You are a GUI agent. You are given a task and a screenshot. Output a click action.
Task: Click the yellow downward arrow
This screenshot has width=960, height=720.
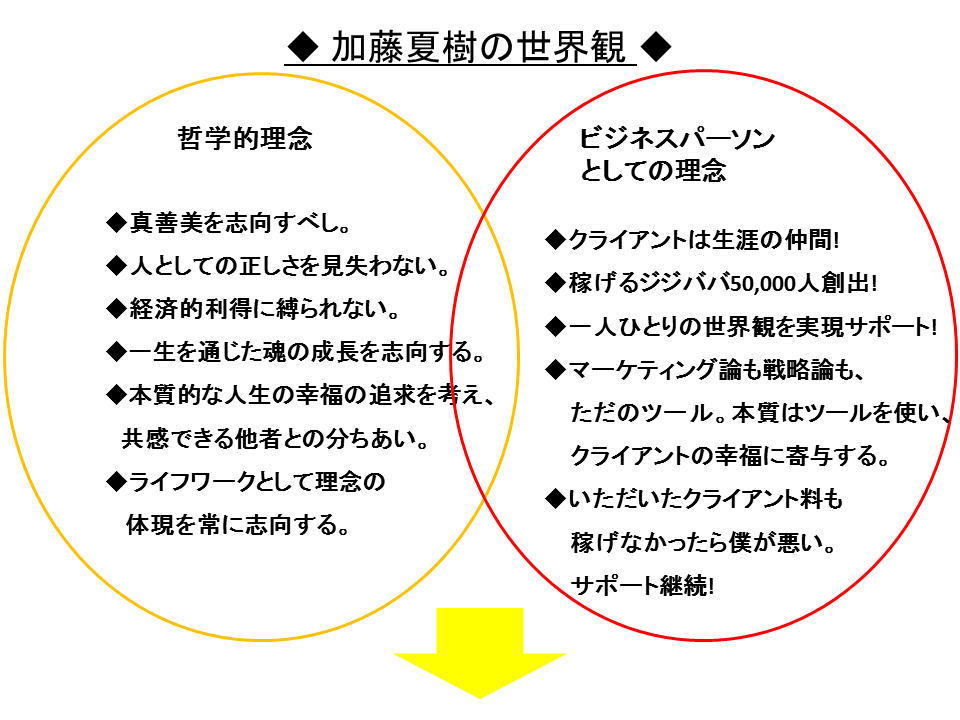click(480, 653)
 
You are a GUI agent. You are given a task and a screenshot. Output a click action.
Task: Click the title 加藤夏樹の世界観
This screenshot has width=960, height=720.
click(478, 47)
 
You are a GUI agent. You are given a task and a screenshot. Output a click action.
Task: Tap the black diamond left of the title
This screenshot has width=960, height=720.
click(303, 47)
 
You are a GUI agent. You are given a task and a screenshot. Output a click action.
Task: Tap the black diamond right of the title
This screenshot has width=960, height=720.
click(656, 47)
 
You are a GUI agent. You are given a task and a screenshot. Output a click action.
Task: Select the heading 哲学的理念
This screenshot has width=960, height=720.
click(245, 138)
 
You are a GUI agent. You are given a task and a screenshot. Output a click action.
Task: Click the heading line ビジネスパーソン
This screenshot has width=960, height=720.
click(677, 139)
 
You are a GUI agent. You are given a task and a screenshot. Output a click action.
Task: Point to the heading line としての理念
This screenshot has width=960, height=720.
click(653, 170)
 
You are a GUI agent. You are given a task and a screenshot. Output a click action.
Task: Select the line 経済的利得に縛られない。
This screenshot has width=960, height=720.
click(264, 309)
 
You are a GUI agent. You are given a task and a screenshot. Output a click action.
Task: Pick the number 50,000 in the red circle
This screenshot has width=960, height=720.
click(763, 283)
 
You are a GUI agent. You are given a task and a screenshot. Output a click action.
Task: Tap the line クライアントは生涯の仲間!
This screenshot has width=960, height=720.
click(703, 239)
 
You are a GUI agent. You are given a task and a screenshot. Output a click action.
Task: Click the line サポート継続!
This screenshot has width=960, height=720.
click(642, 586)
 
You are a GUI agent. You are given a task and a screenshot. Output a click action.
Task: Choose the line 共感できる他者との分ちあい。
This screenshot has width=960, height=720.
click(275, 438)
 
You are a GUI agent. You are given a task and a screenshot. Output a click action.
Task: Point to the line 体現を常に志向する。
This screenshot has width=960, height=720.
click(238, 525)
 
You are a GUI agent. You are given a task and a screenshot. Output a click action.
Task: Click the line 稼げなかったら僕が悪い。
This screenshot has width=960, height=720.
click(703, 542)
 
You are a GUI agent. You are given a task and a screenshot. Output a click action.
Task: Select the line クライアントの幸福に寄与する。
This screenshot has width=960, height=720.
click(730, 456)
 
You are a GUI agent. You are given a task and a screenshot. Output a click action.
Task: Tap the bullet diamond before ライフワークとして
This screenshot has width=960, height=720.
click(116, 482)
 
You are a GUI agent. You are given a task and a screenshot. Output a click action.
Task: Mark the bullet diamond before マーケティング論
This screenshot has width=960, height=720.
click(556, 370)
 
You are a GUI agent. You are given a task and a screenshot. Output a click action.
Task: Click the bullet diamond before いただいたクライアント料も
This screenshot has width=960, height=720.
click(556, 500)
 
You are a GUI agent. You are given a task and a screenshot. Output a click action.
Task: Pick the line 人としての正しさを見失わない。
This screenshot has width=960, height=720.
click(290, 266)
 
